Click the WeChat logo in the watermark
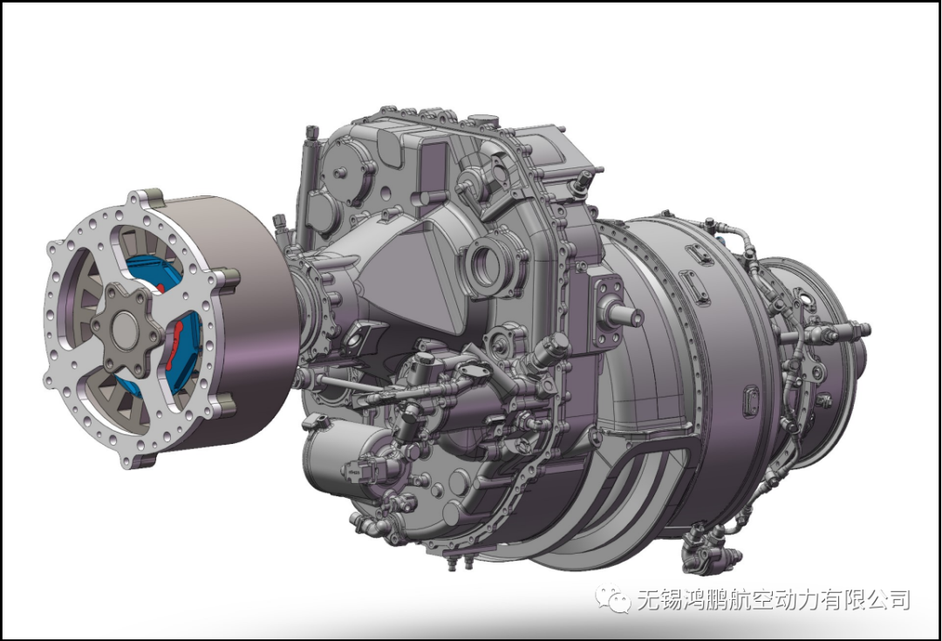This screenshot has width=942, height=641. click(x=612, y=598)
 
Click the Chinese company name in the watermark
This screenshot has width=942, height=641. click(x=773, y=599)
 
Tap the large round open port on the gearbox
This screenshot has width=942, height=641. click(x=486, y=263)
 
